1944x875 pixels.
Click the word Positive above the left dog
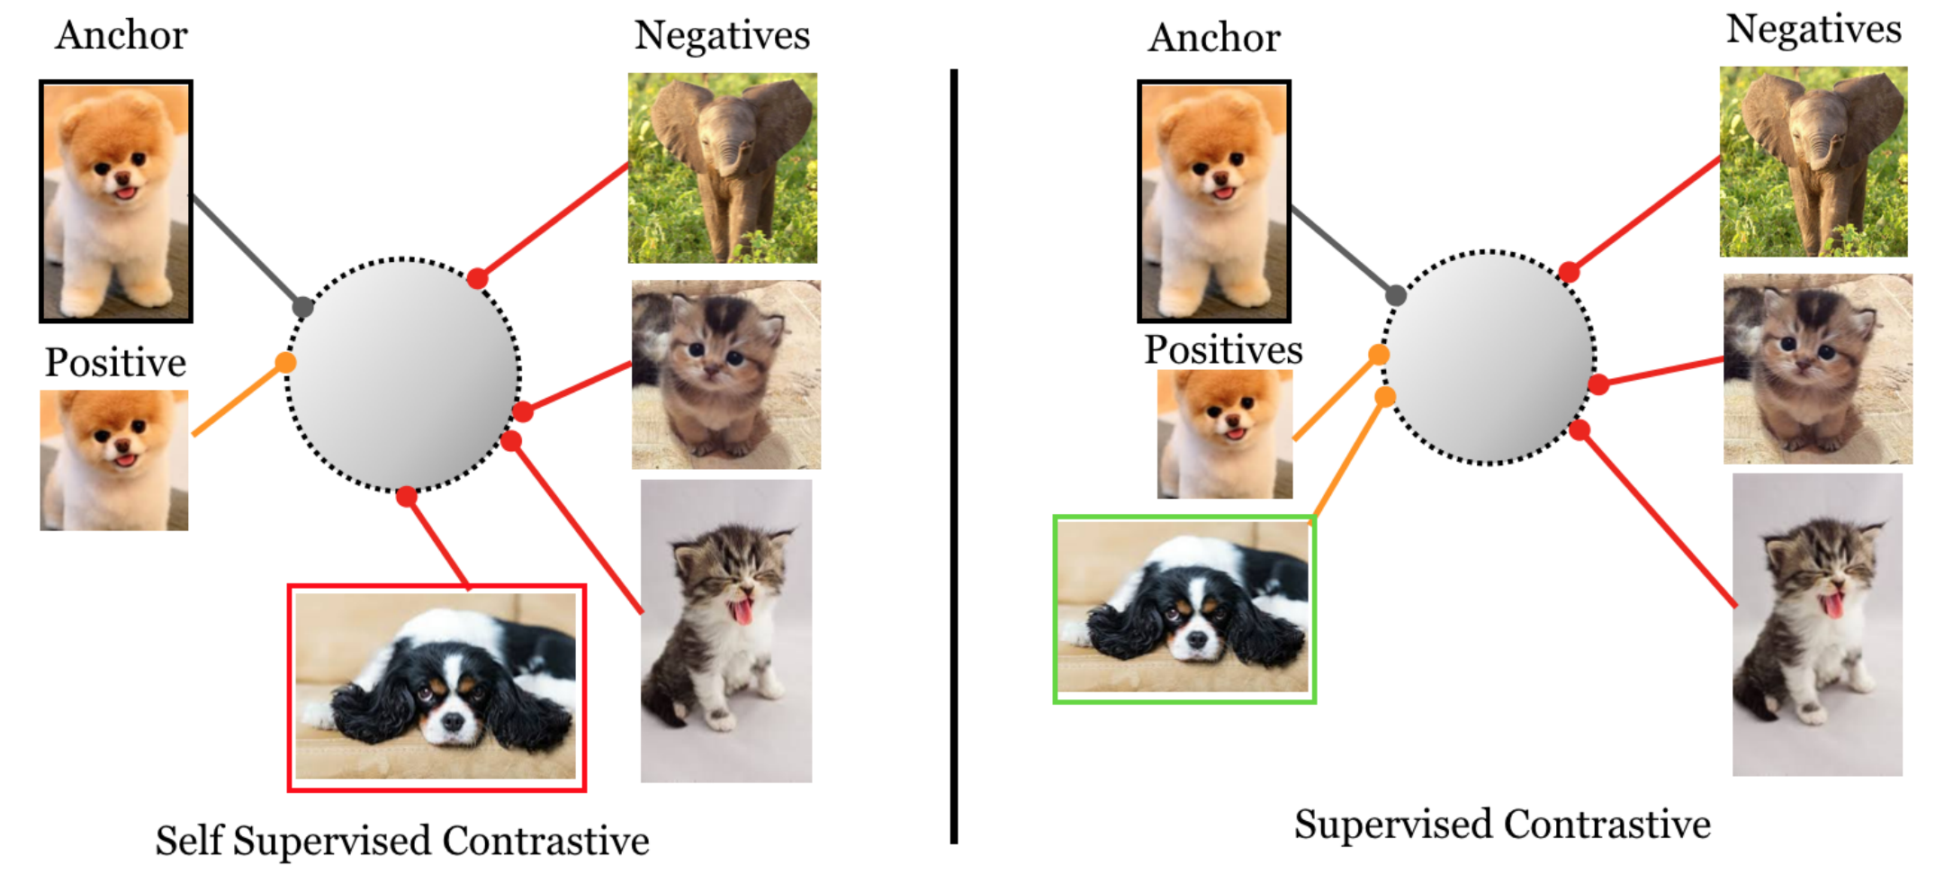point(115,362)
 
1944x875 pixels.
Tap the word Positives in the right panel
point(1223,349)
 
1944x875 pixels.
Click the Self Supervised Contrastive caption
point(402,840)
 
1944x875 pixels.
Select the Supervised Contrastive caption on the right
point(1502,824)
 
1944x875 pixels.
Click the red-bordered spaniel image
point(436,687)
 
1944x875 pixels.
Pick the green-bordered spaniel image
point(1184,609)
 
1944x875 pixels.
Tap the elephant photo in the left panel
point(723,167)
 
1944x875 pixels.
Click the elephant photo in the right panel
point(1813,162)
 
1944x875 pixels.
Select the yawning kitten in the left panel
point(726,630)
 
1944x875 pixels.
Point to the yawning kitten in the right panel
point(1817,625)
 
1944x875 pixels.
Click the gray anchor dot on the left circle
point(303,308)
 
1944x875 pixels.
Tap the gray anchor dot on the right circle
point(1396,295)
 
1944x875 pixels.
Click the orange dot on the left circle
point(285,363)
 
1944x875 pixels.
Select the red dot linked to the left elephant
point(478,278)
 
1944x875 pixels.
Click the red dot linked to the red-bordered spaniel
point(407,496)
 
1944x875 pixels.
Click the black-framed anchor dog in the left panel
point(116,201)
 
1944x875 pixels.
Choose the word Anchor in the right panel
point(1214,38)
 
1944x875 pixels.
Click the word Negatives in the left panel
point(722,35)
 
